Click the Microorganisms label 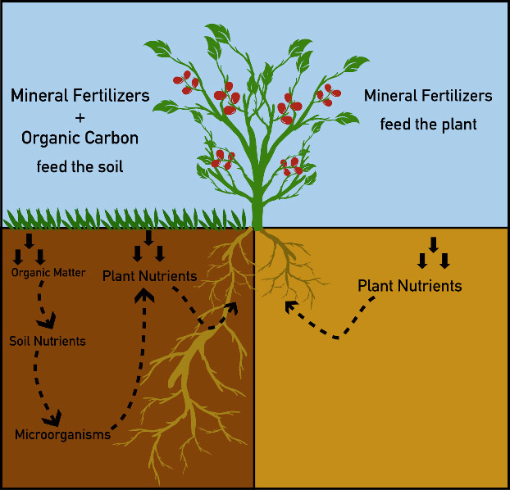(x=62, y=434)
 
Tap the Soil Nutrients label (x=48, y=340)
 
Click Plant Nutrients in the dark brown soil (x=149, y=275)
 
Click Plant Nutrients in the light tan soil (x=409, y=286)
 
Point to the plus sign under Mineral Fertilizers (x=80, y=118)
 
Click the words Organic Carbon (x=80, y=138)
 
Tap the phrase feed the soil (x=80, y=167)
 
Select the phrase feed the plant (x=428, y=125)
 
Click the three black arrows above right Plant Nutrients (x=434, y=254)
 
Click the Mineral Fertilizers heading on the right (x=428, y=96)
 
